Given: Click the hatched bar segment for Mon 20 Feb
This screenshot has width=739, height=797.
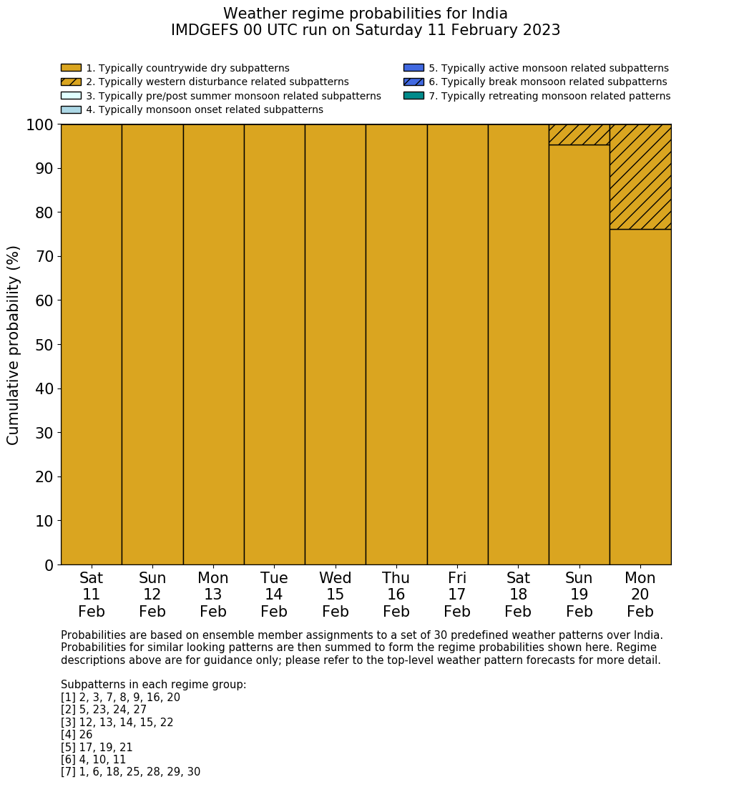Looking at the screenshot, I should pyautogui.click(x=640, y=177).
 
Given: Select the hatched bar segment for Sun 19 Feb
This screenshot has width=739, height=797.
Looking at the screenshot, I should pyautogui.click(x=579, y=135).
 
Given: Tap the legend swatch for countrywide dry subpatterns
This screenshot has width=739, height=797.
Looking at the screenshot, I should pyautogui.click(x=71, y=68).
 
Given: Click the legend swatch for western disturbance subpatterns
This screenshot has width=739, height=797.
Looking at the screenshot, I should pyautogui.click(x=71, y=82).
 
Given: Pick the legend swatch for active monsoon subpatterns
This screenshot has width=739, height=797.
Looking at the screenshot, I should pyautogui.click(x=413, y=68).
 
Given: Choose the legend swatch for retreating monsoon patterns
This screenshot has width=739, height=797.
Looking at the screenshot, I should pyautogui.click(x=413, y=95).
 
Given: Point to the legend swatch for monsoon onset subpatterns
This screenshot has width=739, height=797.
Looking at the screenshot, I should pyautogui.click(x=71, y=109).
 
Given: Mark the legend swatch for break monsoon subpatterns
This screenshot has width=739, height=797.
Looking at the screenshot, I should pyautogui.click(x=413, y=82).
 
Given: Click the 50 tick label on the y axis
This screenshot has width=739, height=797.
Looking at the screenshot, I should pyautogui.click(x=44, y=345).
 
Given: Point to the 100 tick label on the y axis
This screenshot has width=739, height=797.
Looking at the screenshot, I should pyautogui.click(x=40, y=124).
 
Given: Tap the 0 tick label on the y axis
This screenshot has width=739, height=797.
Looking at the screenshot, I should pyautogui.click(x=49, y=565).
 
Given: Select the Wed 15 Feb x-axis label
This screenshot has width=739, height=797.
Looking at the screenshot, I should pyautogui.click(x=335, y=595).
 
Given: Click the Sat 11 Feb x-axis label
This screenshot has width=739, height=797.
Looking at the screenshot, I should pyautogui.click(x=91, y=595).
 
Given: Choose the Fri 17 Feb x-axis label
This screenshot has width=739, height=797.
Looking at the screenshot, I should pyautogui.click(x=457, y=595).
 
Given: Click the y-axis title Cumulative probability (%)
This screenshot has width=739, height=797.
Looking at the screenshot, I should pyautogui.click(x=14, y=345).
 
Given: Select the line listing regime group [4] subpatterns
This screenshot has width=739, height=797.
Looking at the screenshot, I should pyautogui.click(x=77, y=735).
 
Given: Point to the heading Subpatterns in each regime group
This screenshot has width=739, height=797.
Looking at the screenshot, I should pyautogui.click(x=153, y=685).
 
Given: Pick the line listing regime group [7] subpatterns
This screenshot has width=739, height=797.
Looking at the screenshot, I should pyautogui.click(x=130, y=772).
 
